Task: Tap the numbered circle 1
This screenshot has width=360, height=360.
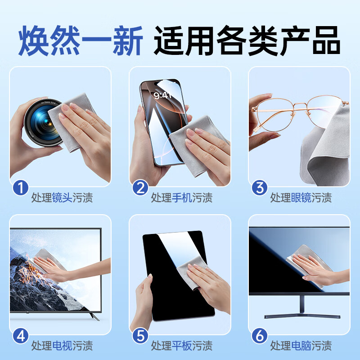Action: (x=20, y=187)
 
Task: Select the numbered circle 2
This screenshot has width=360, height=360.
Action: (x=139, y=187)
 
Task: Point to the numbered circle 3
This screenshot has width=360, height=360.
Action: (x=259, y=187)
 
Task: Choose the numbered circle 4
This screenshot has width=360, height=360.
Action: (x=20, y=335)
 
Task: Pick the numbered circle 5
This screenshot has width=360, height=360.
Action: (x=139, y=335)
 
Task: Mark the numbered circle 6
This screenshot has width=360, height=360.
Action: (x=259, y=335)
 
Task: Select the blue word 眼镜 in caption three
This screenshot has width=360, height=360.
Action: (x=301, y=198)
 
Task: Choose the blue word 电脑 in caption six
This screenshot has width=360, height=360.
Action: (x=301, y=346)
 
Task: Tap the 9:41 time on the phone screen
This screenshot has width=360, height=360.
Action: (x=163, y=95)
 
